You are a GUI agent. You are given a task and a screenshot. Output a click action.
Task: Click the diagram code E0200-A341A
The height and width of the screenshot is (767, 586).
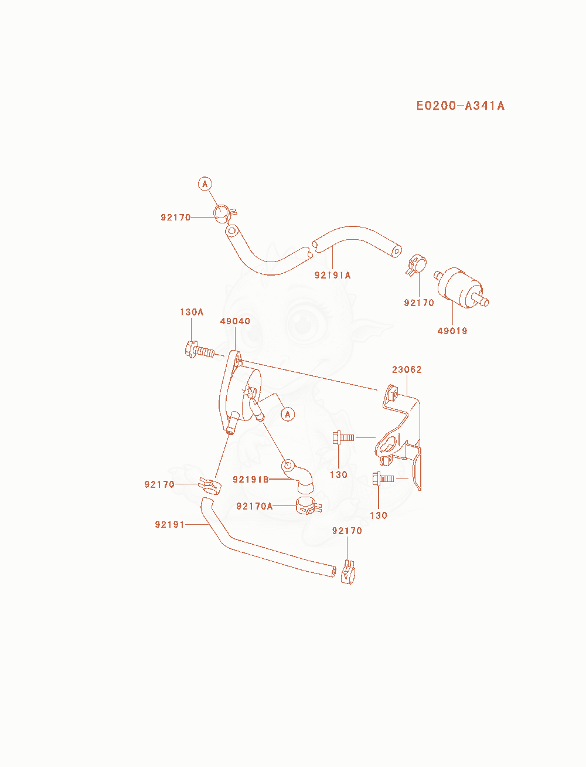point(460,106)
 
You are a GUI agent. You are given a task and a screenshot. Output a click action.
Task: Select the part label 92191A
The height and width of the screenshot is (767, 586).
point(332,276)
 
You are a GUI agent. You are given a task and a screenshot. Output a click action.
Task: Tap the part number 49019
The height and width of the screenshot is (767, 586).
point(452,331)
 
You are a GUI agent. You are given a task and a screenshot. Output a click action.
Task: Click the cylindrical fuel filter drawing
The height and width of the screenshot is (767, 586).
point(461,289)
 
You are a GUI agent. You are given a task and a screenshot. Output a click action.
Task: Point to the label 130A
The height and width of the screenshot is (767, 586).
point(192,312)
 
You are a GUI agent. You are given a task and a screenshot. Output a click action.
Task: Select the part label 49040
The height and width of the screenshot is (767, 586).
point(235,321)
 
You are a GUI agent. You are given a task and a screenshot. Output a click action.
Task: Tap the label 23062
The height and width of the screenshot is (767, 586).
point(407,369)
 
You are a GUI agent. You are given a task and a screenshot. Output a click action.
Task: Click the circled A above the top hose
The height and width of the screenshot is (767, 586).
point(205,184)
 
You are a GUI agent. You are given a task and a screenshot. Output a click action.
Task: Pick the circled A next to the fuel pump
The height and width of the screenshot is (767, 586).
point(287,415)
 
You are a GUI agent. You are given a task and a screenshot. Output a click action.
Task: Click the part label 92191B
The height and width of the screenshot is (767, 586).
point(251,480)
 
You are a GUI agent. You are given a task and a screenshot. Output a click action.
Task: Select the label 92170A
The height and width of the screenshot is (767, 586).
point(254,506)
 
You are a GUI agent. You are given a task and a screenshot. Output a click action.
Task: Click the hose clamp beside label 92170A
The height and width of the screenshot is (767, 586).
point(308,506)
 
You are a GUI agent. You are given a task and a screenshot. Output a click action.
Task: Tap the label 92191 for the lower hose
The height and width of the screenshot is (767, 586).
point(169,524)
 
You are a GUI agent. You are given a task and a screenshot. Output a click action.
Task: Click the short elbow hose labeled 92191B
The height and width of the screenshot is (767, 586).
point(298,477)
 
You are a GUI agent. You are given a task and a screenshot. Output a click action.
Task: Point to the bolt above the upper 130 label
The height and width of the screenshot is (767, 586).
point(343,437)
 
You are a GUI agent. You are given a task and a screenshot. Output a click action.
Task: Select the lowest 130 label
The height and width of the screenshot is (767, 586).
point(379,515)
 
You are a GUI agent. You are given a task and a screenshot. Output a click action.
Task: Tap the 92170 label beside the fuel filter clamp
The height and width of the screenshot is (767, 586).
point(419,303)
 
